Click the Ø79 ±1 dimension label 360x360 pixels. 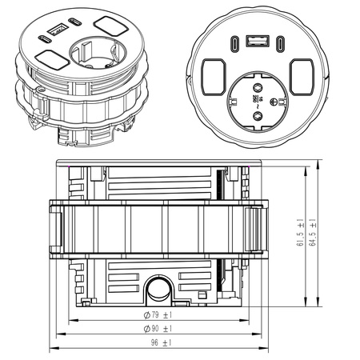pos(158,314)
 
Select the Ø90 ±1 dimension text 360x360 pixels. pos(158,329)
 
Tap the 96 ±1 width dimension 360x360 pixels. pos(161,343)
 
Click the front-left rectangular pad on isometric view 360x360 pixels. pos(50,60)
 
